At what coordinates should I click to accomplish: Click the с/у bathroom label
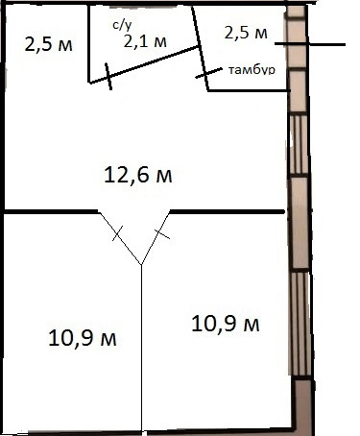[x=122, y=25]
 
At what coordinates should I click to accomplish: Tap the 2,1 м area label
[x=145, y=41]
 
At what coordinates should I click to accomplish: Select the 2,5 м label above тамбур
[x=246, y=33]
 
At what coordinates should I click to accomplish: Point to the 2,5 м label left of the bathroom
[x=49, y=45]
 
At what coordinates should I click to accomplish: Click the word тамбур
[x=252, y=70]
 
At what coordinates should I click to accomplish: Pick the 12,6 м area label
[x=138, y=176]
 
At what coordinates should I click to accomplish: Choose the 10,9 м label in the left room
[x=83, y=338]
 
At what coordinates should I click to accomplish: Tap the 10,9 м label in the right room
[x=226, y=324]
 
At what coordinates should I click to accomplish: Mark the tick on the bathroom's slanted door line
[x=108, y=77]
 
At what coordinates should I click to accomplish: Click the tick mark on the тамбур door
[x=209, y=73]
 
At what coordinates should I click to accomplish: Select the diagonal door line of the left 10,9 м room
[x=120, y=238]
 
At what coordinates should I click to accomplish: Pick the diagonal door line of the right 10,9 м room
[x=156, y=238]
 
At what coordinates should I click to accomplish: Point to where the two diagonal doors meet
[x=141, y=264]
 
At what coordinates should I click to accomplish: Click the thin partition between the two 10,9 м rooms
[x=141, y=348]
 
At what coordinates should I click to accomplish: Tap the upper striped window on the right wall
[x=299, y=145]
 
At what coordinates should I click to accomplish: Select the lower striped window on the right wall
[x=300, y=324]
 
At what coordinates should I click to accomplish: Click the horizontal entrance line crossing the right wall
[x=310, y=44]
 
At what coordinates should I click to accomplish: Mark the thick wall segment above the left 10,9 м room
[x=51, y=211]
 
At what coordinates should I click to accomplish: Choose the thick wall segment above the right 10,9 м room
[x=228, y=211]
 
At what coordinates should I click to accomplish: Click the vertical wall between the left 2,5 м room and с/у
[x=88, y=44]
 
